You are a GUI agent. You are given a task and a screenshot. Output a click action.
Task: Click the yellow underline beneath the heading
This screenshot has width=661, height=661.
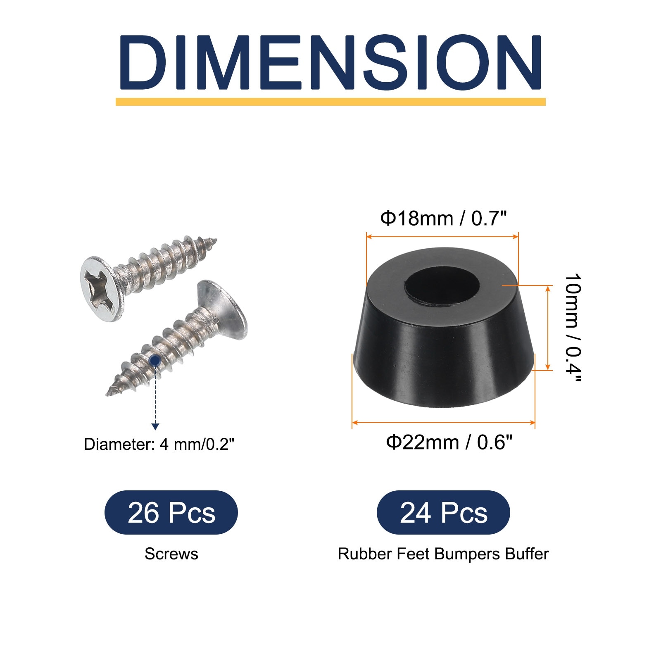tap(330, 102)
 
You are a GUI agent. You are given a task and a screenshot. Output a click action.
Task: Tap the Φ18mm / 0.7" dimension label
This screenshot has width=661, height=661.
tap(443, 218)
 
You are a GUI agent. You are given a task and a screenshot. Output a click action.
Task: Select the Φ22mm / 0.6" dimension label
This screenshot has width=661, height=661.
tap(449, 442)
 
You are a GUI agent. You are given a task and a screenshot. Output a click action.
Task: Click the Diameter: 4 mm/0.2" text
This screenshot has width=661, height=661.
tap(159, 445)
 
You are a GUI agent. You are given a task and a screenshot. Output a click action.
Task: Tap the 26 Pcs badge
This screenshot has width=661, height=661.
tap(171, 513)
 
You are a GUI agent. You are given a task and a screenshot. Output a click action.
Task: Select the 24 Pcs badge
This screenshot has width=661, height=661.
tap(443, 513)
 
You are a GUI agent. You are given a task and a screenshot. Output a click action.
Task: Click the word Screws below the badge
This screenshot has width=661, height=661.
tap(171, 554)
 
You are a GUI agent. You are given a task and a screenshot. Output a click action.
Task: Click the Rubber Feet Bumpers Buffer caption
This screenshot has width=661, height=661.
tap(443, 554)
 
